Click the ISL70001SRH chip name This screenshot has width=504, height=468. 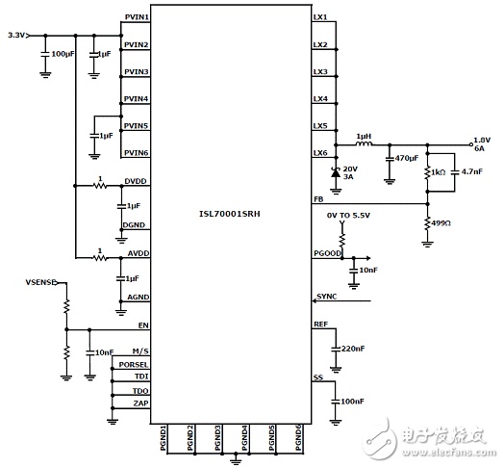click(230, 214)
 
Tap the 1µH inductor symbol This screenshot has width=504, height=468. click(364, 143)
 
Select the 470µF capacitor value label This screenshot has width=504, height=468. click(407, 158)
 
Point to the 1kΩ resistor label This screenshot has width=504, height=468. click(438, 172)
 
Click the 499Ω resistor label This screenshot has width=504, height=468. click(441, 223)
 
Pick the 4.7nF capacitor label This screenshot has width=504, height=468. click(472, 171)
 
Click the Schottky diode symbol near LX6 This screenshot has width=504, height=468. click(336, 172)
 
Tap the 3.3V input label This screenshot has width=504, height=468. click(16, 35)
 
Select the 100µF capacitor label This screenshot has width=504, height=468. click(63, 54)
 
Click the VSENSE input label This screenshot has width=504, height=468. click(41, 282)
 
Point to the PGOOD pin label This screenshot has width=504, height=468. click(327, 253)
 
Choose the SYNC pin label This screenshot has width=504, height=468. click(327, 297)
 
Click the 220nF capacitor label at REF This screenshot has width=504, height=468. click(353, 349)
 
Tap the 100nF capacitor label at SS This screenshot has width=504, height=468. click(352, 402)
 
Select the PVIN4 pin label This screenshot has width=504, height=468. click(137, 98)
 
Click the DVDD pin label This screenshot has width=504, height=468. click(136, 181)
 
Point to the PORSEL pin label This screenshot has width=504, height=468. click(134, 365)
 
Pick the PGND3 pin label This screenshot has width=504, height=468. click(217, 438)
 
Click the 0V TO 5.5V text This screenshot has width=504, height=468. click(348, 215)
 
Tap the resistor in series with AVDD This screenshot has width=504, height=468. click(100, 258)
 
